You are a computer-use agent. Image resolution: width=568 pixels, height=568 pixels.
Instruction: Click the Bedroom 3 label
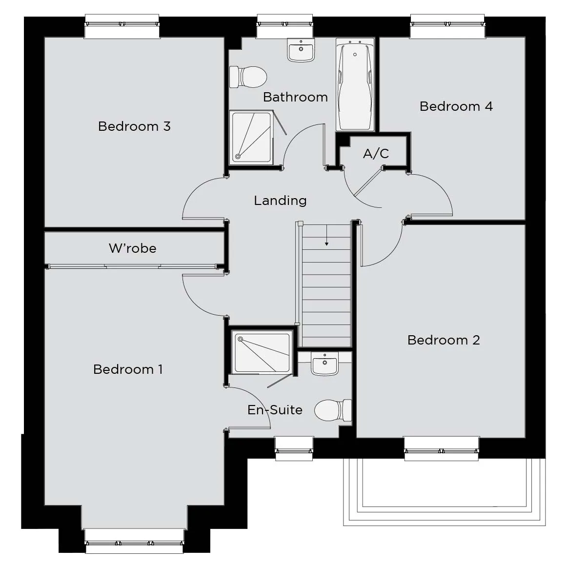pos(134,126)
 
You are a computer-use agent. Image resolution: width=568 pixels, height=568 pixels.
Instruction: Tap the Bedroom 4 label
pos(456,106)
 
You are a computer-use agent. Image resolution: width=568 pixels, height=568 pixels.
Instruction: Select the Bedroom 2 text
pos(444,340)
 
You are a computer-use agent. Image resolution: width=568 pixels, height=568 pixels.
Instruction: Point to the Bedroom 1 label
pos(128,369)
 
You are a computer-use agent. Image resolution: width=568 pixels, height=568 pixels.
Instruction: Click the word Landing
pos(281,201)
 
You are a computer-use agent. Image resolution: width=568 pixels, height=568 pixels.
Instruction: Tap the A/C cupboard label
pos(376,154)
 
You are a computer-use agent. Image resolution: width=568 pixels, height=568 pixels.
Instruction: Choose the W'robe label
pos(133,248)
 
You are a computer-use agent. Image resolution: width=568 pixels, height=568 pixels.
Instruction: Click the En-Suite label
pos(275,410)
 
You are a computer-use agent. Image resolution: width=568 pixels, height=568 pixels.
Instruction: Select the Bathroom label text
pos(295,97)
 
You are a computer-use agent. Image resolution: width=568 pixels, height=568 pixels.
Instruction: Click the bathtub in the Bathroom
pos(355,84)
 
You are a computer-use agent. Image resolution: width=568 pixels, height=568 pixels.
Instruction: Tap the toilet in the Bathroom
pos(248,77)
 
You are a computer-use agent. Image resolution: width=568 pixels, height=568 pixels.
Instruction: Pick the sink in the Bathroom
pos(301,50)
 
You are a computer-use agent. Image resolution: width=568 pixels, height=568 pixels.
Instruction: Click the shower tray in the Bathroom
pos(251,138)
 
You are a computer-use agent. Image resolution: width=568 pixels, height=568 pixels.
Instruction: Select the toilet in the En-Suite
pos(333,410)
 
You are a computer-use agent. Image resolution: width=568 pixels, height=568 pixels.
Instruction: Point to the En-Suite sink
pos(325,364)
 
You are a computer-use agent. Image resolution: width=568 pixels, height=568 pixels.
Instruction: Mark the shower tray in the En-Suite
pos(262,352)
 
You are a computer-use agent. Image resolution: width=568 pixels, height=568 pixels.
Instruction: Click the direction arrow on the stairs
pos(327,235)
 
